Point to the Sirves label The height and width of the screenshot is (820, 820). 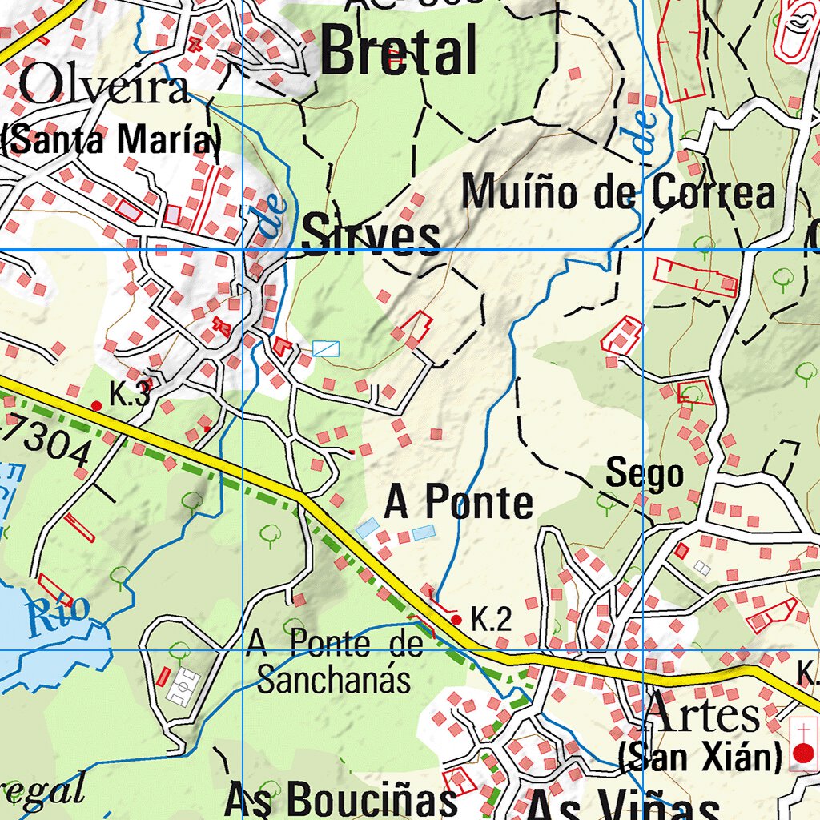click(371, 236)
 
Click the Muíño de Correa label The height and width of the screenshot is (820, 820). click(619, 193)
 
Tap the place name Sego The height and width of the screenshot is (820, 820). click(645, 474)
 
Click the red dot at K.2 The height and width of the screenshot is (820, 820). click(456, 619)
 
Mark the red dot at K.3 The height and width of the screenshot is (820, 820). click(97, 406)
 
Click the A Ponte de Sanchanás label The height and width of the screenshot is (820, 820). click(334, 661)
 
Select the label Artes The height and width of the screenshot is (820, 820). click(702, 714)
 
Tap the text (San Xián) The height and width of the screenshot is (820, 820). click(700, 755)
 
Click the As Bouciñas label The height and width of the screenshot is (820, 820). click(340, 798)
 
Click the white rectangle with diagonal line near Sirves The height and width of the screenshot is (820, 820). click(326, 348)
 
